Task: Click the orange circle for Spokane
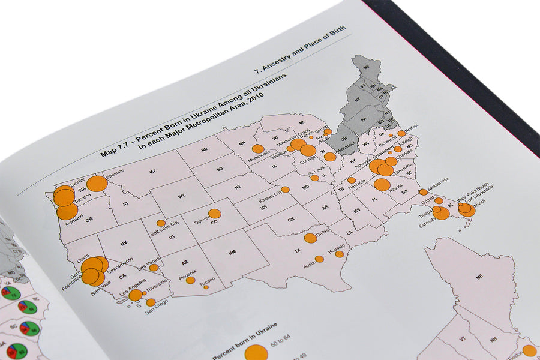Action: [97, 184]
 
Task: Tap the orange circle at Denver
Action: [214, 214]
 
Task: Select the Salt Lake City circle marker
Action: [161, 223]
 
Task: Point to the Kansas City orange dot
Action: [286, 190]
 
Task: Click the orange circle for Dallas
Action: [310, 238]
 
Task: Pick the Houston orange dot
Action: [339, 254]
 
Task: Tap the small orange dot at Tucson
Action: [206, 287]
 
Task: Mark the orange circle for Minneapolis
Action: [258, 149]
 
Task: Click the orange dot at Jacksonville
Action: [424, 192]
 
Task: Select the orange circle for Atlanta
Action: [382, 184]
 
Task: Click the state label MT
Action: [152, 172]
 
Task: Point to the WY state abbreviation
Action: [181, 196]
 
